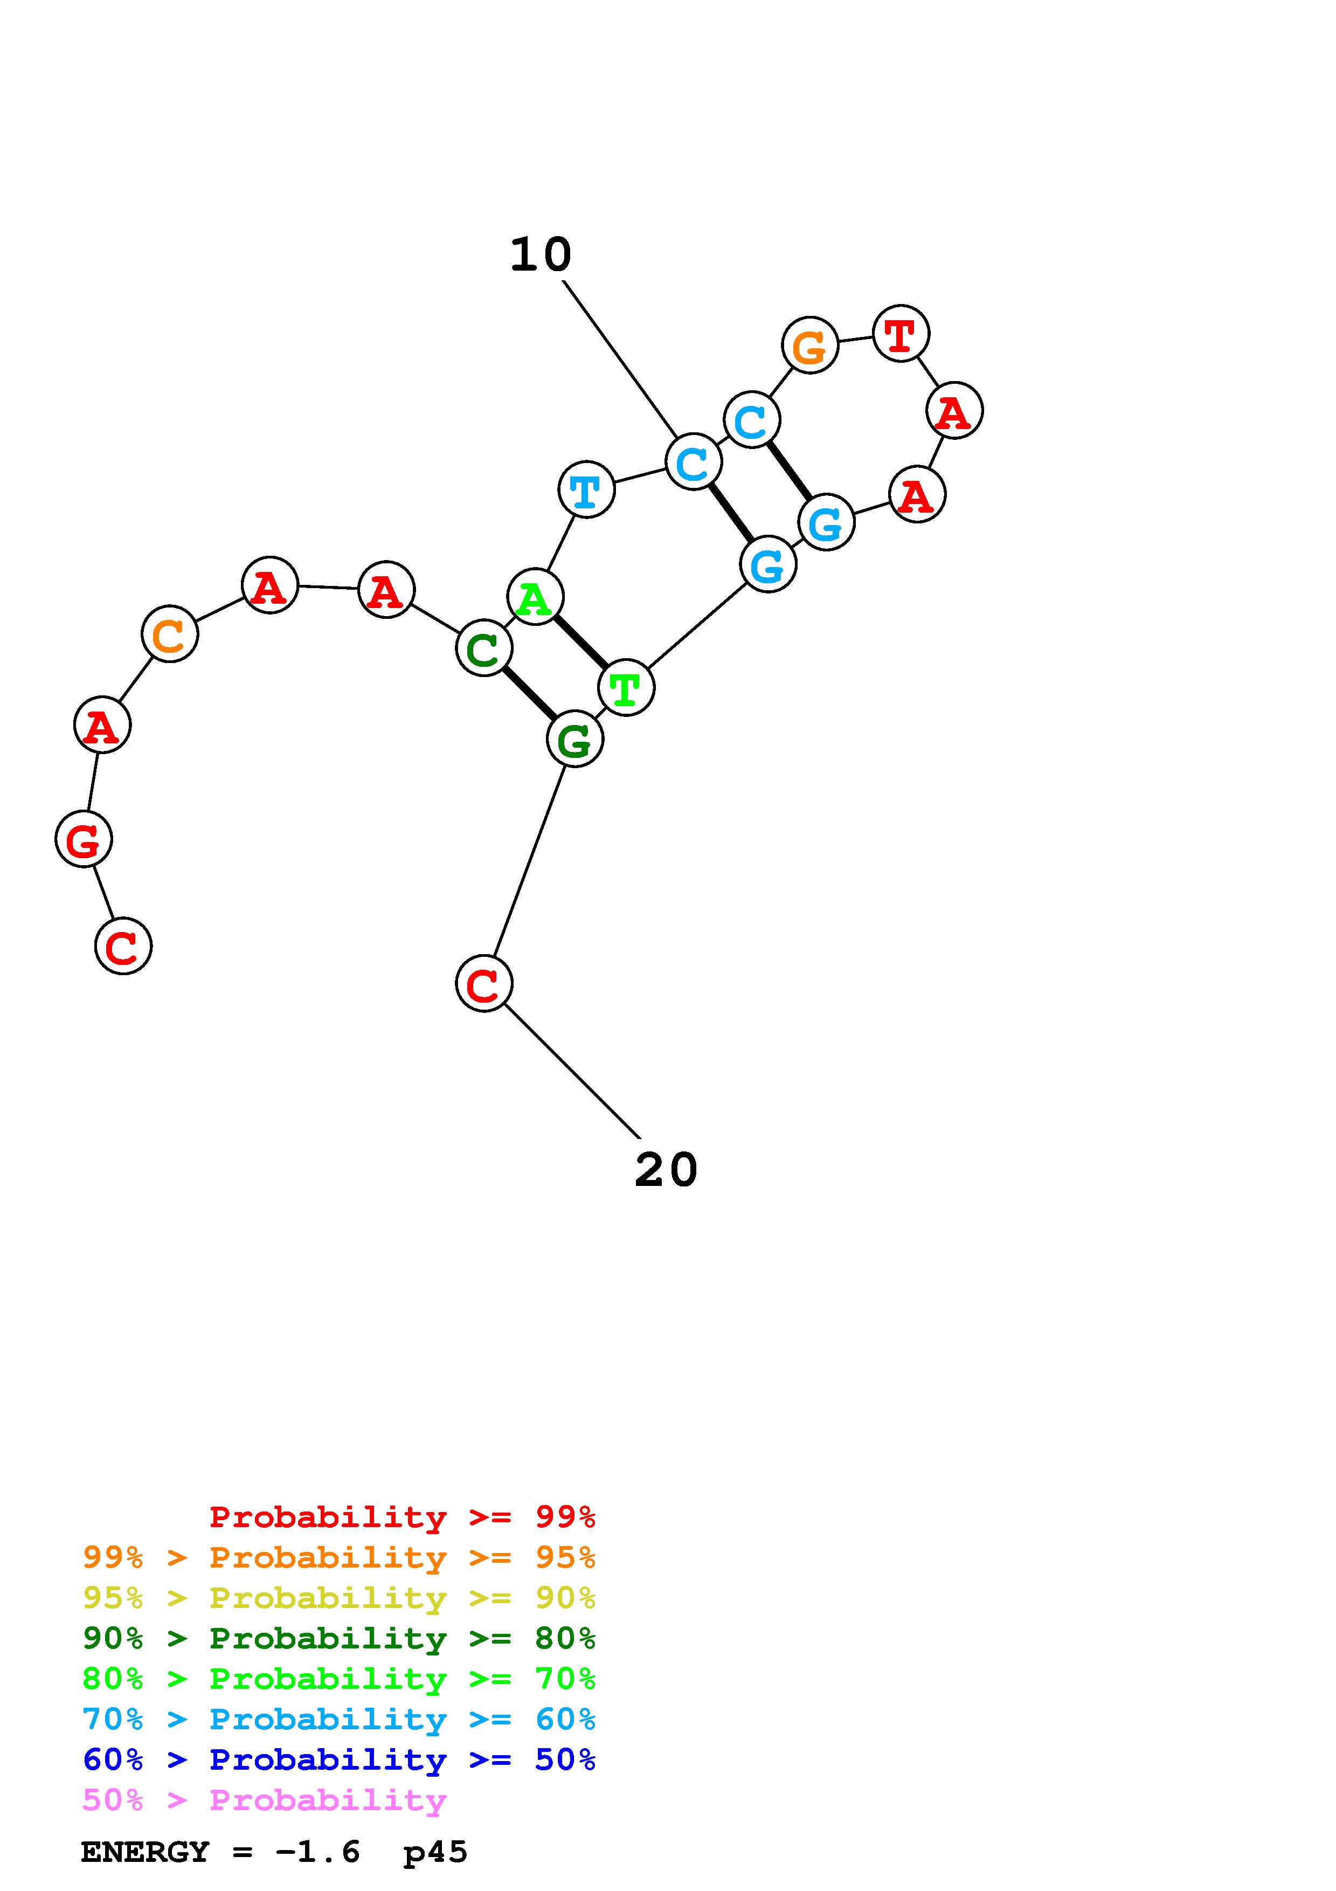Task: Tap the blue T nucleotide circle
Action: point(586,490)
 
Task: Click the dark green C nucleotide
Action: point(484,648)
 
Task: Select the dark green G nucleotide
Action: point(574,740)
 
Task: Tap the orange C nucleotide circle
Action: point(170,634)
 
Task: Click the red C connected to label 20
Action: point(484,983)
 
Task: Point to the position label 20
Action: point(666,1170)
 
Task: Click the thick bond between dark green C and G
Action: point(529,693)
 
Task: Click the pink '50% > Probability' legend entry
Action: point(264,1800)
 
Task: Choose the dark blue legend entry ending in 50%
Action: point(339,1760)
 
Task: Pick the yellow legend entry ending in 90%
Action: point(339,1598)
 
